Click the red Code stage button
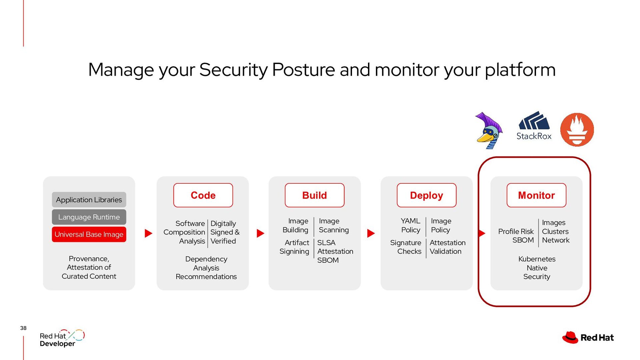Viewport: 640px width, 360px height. (203, 195)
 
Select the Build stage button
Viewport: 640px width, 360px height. (314, 195)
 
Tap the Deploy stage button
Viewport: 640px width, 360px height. (426, 195)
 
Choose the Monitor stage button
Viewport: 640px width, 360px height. (536, 195)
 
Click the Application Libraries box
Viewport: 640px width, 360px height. (89, 200)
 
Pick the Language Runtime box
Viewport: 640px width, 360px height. (89, 217)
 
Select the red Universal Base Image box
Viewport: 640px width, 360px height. (89, 234)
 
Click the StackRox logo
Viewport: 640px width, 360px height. (534, 126)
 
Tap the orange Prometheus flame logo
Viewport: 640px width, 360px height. (577, 130)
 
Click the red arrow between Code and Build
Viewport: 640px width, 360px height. (260, 233)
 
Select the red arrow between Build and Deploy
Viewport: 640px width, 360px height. (371, 233)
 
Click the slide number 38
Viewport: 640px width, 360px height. (23, 328)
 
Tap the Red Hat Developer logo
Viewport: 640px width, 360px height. (62, 338)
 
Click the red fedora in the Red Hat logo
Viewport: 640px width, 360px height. (570, 337)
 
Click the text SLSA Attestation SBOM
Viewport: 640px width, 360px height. (335, 251)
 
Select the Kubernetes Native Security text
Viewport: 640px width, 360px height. (537, 268)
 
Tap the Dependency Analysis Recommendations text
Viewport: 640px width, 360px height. (206, 268)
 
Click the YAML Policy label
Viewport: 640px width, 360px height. (410, 225)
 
